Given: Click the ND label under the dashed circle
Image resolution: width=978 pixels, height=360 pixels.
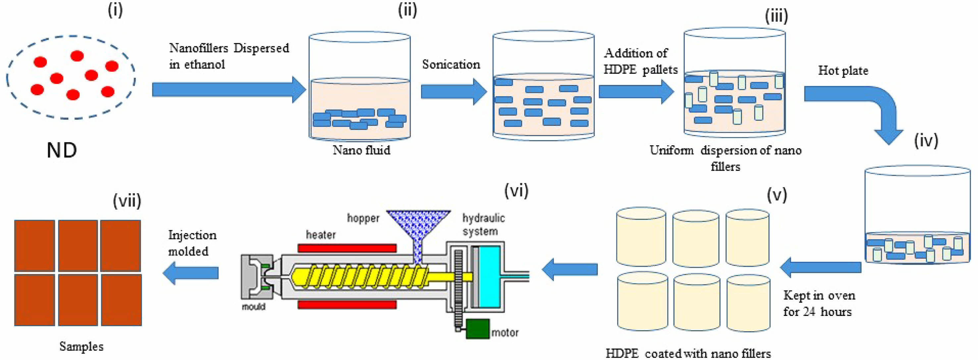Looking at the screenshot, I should (62, 150).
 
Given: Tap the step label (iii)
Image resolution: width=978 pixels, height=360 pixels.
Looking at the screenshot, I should (776, 16).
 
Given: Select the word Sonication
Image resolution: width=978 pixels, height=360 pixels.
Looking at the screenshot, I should (451, 65).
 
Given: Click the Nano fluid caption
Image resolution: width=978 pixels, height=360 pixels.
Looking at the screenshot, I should (361, 150).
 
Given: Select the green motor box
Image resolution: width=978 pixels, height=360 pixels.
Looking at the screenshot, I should (477, 329).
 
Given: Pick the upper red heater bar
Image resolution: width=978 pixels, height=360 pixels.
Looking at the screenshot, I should (347, 248).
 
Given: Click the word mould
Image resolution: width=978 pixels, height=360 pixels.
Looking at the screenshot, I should (254, 307).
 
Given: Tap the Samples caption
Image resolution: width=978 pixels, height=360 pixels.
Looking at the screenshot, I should (81, 346).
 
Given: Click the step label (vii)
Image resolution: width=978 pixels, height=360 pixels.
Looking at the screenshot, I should (127, 200).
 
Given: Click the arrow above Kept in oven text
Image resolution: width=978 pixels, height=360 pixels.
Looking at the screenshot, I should (820, 268).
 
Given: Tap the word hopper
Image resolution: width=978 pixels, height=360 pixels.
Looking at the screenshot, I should (363, 218).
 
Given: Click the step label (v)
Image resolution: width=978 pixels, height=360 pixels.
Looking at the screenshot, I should (777, 195).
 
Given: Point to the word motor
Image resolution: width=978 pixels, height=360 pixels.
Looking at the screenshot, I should (505, 333).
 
